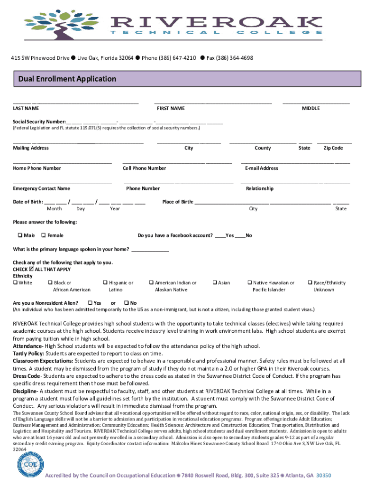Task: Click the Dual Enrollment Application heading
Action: coord(67,79)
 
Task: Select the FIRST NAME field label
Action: coord(171,109)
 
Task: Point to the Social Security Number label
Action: coord(39,121)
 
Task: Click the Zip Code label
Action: coord(333,148)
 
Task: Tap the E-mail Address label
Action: coord(262,168)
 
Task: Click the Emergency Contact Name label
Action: coord(41,188)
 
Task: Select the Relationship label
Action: coord(259,188)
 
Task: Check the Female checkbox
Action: coord(44,235)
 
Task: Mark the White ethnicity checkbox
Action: coord(15,283)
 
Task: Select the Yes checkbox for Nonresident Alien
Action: coord(90,303)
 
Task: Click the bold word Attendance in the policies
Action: coord(27,346)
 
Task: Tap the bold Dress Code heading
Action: coord(26,376)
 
